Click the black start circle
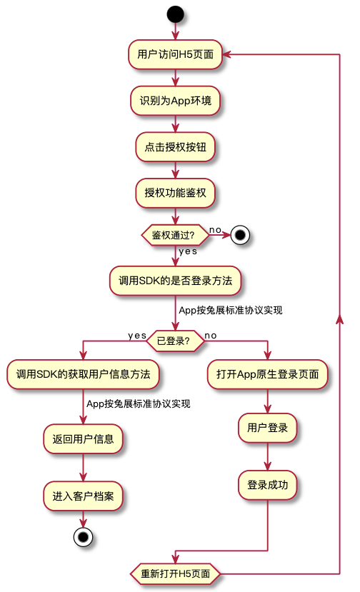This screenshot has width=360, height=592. (x=175, y=14)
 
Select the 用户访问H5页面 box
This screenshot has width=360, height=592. (x=175, y=54)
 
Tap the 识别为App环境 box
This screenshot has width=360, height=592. (x=175, y=101)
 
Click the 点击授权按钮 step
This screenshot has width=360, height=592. (x=175, y=147)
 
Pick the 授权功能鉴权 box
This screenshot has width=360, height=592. (x=175, y=193)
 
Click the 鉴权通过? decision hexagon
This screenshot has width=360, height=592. (x=175, y=235)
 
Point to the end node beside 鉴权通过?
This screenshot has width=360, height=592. (x=240, y=235)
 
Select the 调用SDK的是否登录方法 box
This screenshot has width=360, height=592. (x=175, y=281)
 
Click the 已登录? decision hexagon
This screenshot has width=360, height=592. (x=175, y=341)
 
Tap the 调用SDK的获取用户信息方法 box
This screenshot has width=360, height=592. (x=83, y=374)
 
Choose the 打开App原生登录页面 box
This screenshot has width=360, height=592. (x=267, y=374)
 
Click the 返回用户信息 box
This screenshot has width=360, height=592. (x=83, y=438)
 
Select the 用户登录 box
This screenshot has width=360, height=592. (x=267, y=428)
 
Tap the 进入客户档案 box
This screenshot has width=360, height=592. (x=83, y=496)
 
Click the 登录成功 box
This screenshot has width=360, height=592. (x=267, y=485)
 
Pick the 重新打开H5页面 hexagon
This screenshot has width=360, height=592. (x=175, y=574)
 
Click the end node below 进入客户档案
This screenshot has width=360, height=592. (x=83, y=537)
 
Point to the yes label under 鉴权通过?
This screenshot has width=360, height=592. (x=188, y=251)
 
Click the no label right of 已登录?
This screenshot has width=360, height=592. (x=211, y=336)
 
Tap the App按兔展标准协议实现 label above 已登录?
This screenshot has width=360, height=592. (x=231, y=311)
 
